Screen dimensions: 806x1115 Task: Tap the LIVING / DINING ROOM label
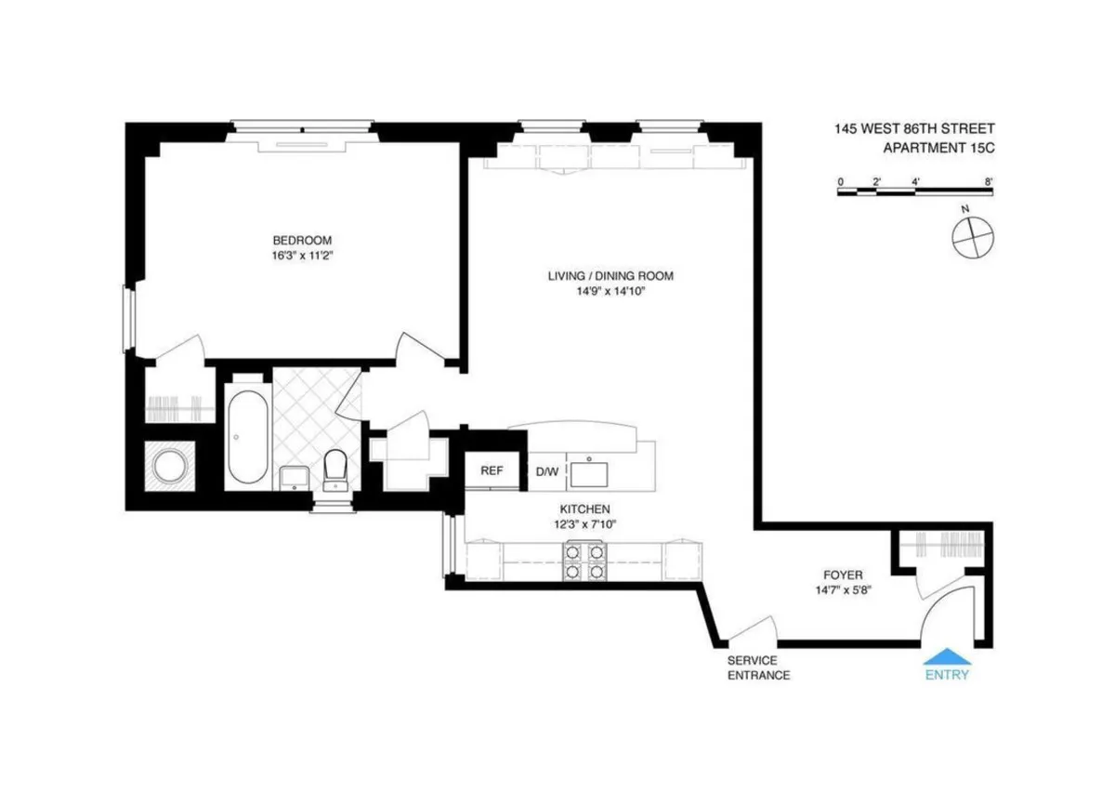pyautogui.click(x=610, y=276)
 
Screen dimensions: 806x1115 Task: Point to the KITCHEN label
pyautogui.click(x=584, y=509)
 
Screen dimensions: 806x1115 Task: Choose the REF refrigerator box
pyautogui.click(x=492, y=471)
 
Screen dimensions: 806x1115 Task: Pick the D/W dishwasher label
pyautogui.click(x=547, y=472)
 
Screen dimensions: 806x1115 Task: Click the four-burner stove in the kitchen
pyautogui.click(x=583, y=562)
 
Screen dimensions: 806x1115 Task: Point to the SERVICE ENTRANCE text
pyautogui.click(x=758, y=667)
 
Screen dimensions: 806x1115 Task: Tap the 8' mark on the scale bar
pyautogui.click(x=990, y=181)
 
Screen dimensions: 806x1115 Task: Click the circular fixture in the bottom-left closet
pyautogui.click(x=171, y=468)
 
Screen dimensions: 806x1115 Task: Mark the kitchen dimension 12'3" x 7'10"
pyautogui.click(x=584, y=523)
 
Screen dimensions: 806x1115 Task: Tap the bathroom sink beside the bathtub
pyautogui.click(x=294, y=477)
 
